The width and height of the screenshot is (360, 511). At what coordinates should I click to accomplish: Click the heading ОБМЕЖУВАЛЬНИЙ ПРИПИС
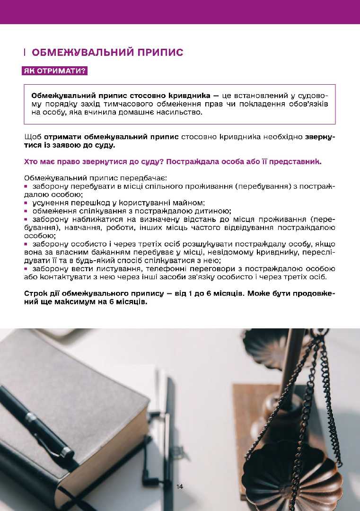pos(107,52)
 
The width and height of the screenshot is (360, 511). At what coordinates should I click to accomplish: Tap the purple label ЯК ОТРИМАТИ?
pos(55,71)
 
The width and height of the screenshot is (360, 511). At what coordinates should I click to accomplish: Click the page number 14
pos(180,486)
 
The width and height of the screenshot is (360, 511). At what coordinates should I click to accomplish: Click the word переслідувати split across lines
pos(317,252)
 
